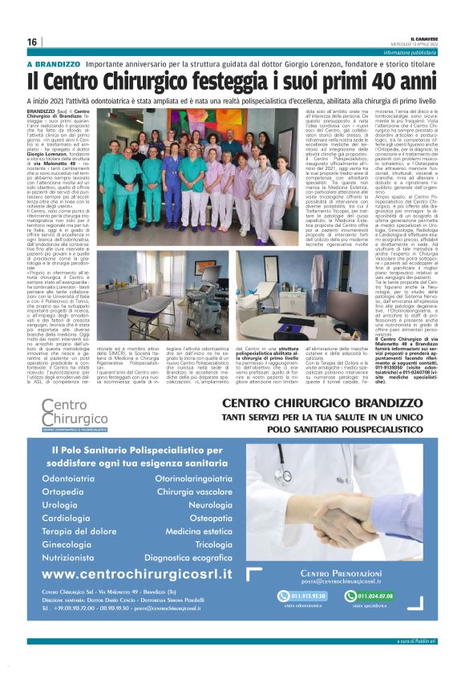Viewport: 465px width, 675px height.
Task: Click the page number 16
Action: coord(32,42)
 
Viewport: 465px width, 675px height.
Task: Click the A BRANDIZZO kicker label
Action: coord(54,64)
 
